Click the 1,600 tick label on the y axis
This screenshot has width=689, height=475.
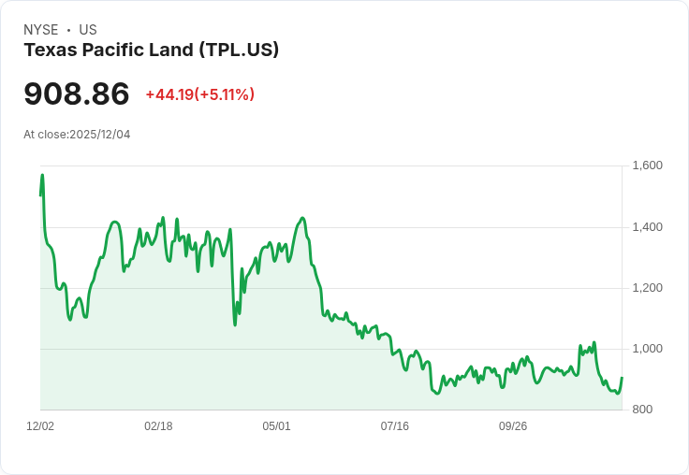[647, 166]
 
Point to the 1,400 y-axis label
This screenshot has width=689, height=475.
[647, 227]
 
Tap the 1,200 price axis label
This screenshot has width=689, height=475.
[647, 288]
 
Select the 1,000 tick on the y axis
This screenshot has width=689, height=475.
[647, 349]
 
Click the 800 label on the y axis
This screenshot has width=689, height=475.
[643, 410]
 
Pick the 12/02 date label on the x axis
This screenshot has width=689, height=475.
[40, 426]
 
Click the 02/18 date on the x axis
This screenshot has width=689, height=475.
[158, 426]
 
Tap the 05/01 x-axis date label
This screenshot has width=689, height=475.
[276, 426]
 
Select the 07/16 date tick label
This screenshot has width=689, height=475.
[394, 426]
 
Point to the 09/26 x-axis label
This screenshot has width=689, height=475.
[512, 426]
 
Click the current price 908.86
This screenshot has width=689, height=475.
[77, 94]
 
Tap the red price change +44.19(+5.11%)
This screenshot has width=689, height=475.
[199, 94]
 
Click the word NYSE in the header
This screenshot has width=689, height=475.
[41, 30]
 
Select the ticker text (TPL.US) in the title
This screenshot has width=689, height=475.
[239, 50]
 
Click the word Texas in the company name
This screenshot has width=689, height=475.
[48, 50]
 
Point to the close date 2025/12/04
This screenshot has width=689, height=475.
[100, 135]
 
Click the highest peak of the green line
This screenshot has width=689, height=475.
[42, 175]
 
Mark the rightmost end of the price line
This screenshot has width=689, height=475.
[622, 378]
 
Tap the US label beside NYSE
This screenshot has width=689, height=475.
[88, 30]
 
